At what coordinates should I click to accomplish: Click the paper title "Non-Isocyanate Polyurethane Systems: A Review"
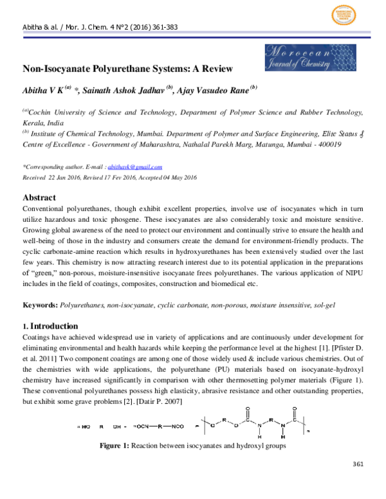pyautogui.click(x=127, y=68)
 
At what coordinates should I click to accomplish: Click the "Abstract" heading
pyautogui.click(x=39, y=197)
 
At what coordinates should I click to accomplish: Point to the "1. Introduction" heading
pyautogui.click(x=50, y=326)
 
